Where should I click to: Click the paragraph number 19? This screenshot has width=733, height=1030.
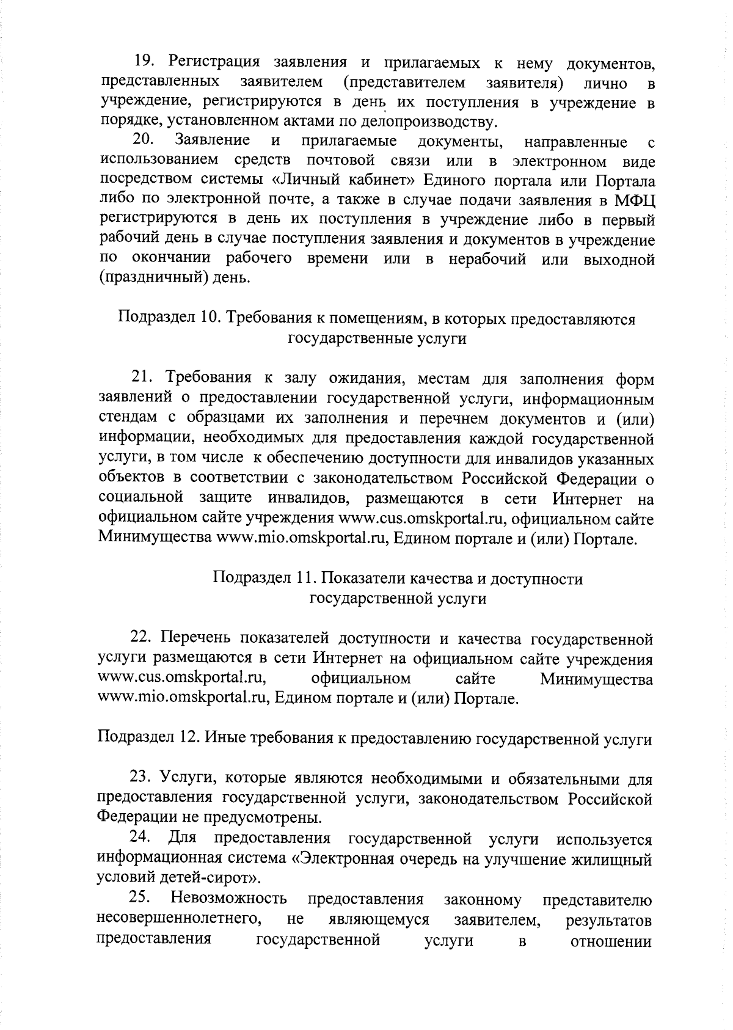[x=144, y=63]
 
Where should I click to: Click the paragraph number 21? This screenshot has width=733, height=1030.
[x=144, y=379]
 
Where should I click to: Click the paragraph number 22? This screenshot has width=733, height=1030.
[x=144, y=639]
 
